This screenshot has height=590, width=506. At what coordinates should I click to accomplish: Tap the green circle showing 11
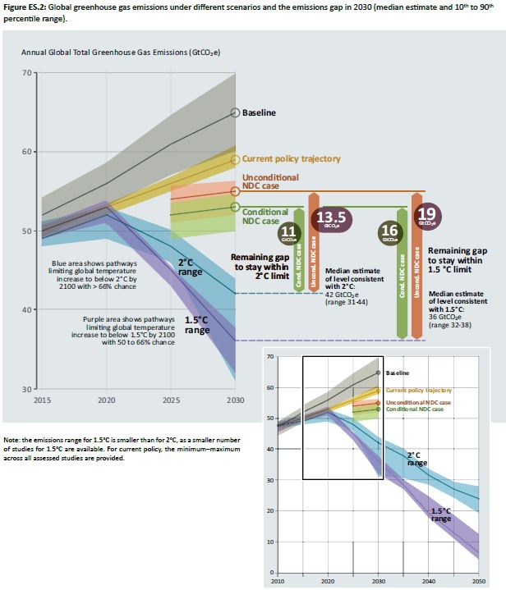coord(287,232)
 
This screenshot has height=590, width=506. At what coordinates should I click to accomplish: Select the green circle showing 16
coord(390,232)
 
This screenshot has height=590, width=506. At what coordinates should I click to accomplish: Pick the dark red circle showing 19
coord(427,217)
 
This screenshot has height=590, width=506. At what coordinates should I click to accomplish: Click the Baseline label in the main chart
coord(259,112)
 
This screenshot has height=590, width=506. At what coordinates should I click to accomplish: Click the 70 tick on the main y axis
coord(27,73)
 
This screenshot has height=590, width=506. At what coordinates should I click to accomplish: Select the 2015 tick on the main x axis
coord(43,400)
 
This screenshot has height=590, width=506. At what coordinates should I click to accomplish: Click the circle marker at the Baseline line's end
coord(234,112)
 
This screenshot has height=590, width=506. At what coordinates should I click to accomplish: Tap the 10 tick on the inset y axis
coord(271,542)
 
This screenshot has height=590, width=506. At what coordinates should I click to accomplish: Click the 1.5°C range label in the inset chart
coord(442,514)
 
